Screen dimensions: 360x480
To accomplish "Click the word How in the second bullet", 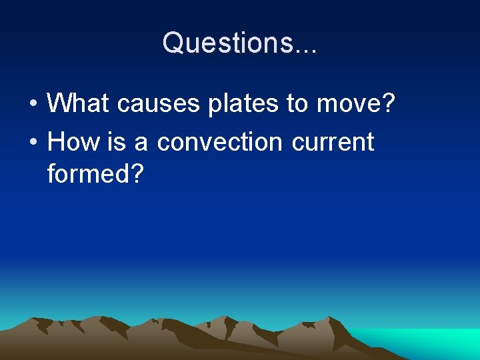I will pos(75,141).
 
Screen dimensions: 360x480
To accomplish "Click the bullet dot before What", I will pos(32,104).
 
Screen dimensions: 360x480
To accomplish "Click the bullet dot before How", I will pos(32,143).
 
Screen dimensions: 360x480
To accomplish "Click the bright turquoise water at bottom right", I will pos(427,341).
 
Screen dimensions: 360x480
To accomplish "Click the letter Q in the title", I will pos(173,43).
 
